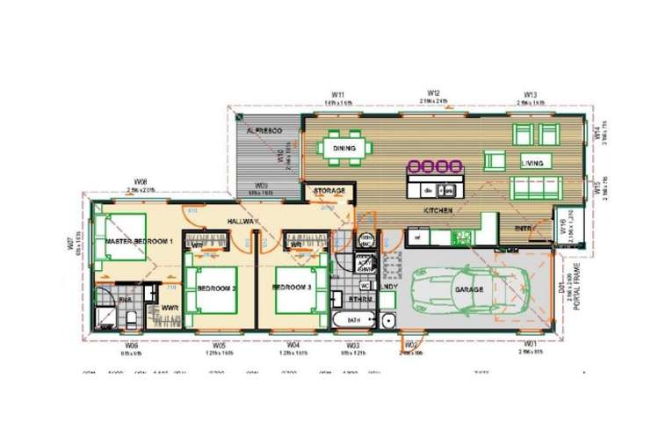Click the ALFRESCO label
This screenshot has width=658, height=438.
click(263, 131)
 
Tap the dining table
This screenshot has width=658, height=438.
click(344, 149)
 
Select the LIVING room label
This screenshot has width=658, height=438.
click(533, 163)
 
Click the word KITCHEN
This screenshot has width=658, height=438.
click(437, 212)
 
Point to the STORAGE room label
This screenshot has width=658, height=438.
click(329, 191)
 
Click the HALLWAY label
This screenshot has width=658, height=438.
click(239, 222)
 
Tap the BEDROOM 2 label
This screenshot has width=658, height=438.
click(216, 288)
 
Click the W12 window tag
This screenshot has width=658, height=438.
click(433, 92)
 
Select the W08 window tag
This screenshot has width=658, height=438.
click(141, 181)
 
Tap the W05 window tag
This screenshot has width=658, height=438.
click(219, 346)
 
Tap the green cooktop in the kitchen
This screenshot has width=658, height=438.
click(462, 236)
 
